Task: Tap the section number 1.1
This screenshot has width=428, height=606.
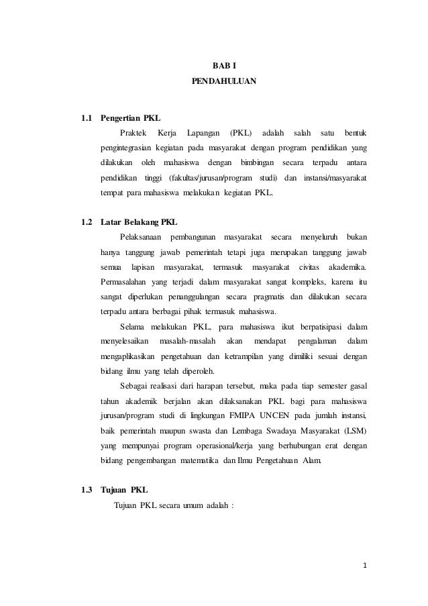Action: pos(86,119)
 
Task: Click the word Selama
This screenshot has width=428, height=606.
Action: pos(133,327)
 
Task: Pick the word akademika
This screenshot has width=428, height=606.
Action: pos(347,266)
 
